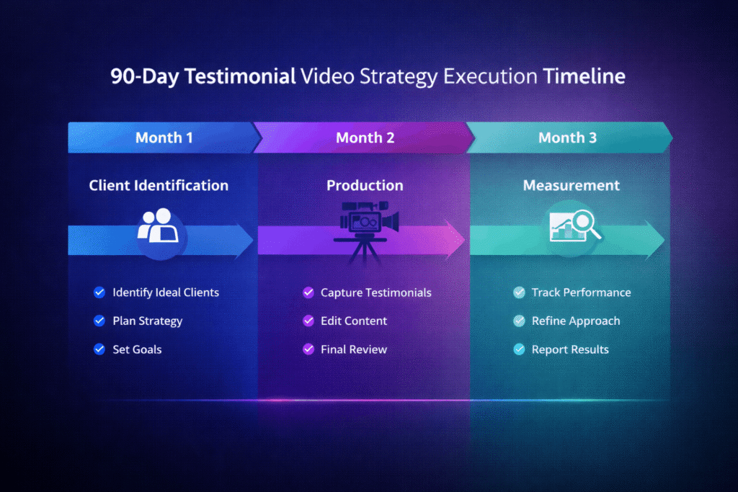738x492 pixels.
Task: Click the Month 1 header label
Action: (164, 138)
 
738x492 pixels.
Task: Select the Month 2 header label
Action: (365, 138)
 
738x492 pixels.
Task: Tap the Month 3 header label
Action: (567, 138)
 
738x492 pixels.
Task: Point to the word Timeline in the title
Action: (584, 77)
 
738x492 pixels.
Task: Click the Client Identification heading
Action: (159, 185)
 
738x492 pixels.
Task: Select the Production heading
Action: (365, 185)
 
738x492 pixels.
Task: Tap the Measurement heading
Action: (571, 185)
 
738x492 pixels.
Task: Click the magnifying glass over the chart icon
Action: (575, 225)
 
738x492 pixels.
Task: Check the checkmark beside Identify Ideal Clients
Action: (99, 292)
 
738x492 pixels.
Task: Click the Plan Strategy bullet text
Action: (147, 321)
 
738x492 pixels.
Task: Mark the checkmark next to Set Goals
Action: (99, 349)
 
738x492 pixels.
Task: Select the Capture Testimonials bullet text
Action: (375, 292)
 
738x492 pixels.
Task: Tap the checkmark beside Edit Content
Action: (308, 321)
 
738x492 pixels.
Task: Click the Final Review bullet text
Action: (353, 349)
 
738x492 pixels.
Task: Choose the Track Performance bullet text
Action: (581, 292)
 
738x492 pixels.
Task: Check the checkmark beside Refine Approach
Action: (519, 321)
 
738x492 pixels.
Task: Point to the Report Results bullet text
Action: (570, 349)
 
